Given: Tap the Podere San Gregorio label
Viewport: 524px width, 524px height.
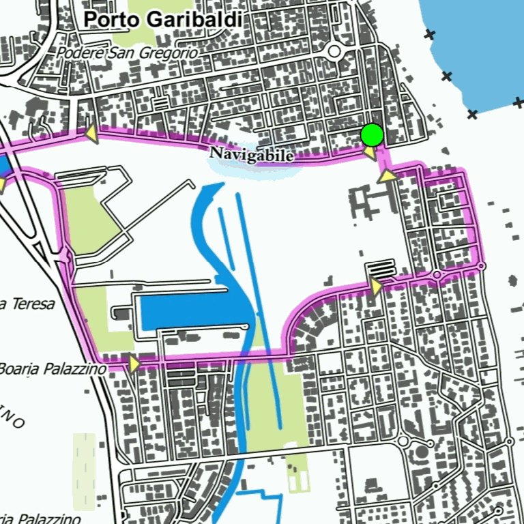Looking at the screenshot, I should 128,53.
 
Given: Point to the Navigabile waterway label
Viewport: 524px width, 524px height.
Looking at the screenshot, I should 252,156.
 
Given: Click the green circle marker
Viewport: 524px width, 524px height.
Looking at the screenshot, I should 372,135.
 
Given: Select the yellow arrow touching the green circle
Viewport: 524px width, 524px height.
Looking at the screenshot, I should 369,153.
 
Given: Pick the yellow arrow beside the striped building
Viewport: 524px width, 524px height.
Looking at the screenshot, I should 376,287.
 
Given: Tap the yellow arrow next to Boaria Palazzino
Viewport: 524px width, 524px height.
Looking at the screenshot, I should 134,364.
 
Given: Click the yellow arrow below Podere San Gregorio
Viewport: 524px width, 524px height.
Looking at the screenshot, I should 90,134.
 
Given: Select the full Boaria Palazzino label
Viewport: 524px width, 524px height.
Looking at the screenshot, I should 53,369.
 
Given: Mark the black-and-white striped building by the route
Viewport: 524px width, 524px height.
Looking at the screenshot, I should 381,268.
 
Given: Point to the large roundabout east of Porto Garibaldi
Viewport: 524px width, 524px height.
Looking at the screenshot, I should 334,51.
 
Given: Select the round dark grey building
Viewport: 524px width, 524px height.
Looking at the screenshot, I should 422,451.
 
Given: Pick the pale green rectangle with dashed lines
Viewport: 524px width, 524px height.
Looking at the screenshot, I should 85,471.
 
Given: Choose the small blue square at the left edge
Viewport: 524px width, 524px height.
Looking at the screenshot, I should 3,166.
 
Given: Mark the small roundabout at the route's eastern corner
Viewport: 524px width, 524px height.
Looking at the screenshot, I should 482,266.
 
